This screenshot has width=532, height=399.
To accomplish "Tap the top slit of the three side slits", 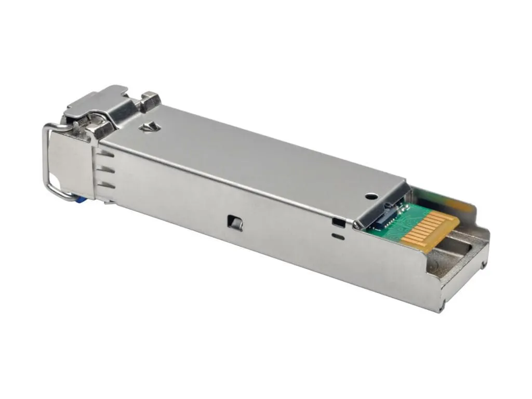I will pyautogui.click(x=105, y=154).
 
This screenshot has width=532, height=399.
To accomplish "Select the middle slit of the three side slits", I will pyautogui.click(x=106, y=169).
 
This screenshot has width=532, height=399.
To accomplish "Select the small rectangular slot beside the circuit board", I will pyautogui.click(x=338, y=222).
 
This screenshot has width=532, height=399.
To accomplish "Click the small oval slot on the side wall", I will pyautogui.click(x=338, y=237).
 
